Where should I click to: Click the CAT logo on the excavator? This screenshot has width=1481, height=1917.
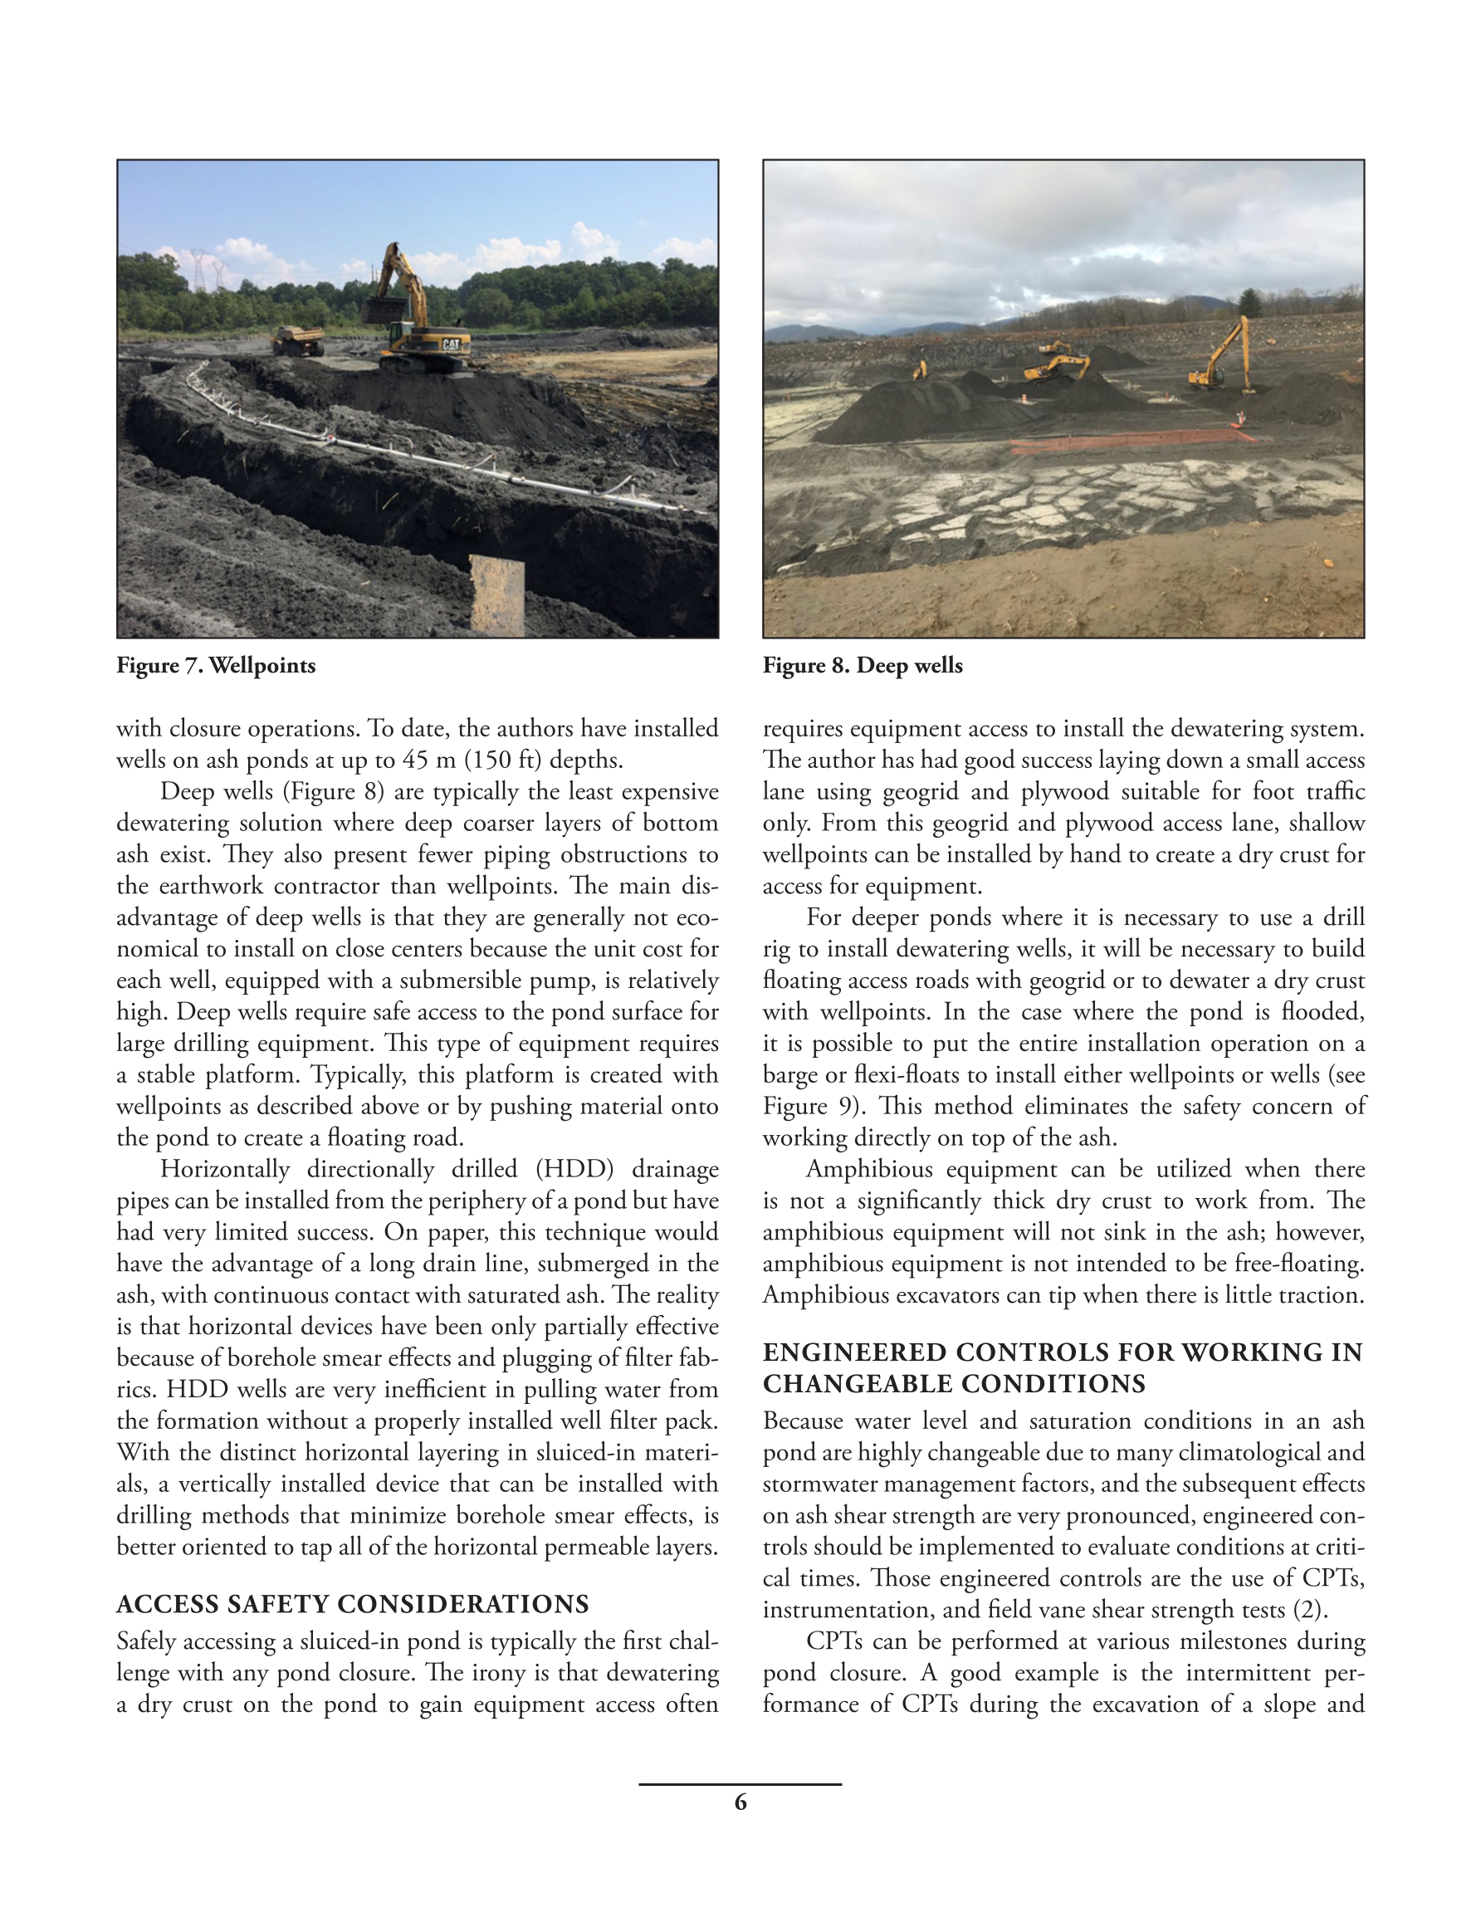point(450,344)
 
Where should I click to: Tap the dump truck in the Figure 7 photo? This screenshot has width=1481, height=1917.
point(296,340)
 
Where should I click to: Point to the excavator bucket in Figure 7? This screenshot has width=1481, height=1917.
point(384,308)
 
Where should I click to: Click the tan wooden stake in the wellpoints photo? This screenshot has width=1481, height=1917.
point(498,595)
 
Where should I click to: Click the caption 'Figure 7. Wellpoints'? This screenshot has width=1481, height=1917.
point(216,665)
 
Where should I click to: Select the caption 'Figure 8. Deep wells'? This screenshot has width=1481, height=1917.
point(862,665)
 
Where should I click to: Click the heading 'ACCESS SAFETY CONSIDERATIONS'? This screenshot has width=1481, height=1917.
point(352,1605)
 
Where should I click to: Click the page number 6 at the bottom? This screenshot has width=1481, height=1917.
point(740,1802)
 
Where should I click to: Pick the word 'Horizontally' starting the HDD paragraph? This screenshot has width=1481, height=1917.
point(225,1169)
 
